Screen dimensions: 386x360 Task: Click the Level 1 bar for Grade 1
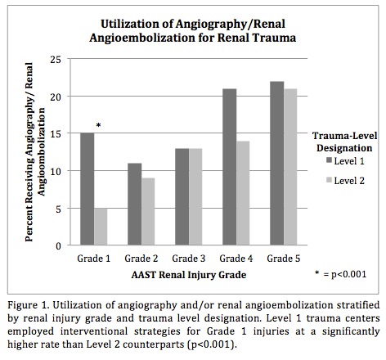pos(88,189)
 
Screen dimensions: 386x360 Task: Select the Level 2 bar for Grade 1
pos(101,227)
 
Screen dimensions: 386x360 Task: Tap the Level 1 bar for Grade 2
pos(135,204)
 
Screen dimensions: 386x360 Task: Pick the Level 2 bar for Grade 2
pos(148,212)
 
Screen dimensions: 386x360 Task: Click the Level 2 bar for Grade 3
pos(195,197)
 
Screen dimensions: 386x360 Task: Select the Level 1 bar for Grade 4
pos(230,167)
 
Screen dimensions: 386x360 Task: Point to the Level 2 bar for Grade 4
pos(243,193)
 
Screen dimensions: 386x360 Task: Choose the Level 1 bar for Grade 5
pos(277,163)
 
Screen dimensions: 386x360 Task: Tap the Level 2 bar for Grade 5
pos(290,167)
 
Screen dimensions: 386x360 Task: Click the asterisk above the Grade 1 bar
pos(99,125)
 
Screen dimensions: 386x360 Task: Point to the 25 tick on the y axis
pos(56,60)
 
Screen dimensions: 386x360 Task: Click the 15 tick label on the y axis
pos(56,134)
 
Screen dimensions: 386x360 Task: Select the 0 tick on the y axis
pos(58,246)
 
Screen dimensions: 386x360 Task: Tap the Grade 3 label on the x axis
pos(189,259)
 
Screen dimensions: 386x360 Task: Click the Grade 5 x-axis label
pos(284,259)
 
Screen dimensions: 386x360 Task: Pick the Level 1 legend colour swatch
pos(330,160)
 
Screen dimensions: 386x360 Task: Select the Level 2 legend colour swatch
pos(330,180)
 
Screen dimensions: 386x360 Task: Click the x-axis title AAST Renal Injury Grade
pos(189,275)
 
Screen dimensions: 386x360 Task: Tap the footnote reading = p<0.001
pos(345,274)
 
